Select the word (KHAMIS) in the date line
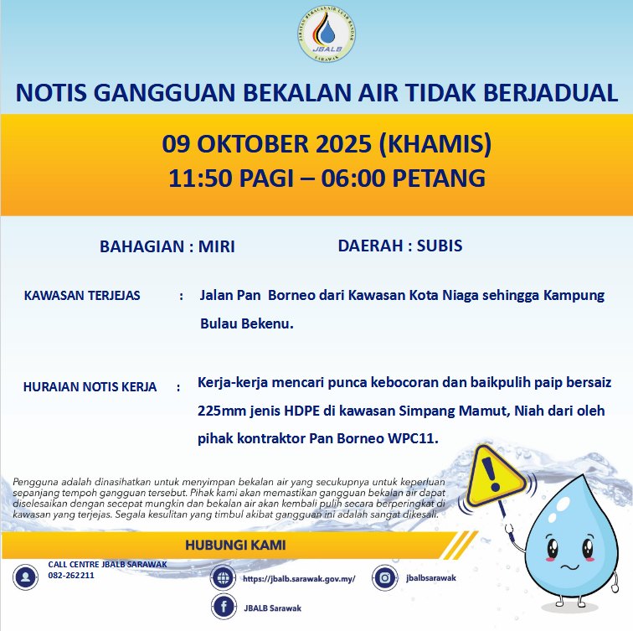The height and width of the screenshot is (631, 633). click(x=435, y=145)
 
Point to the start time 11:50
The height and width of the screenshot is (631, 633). click(x=195, y=178)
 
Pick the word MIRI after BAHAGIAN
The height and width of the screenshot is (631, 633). click(x=217, y=247)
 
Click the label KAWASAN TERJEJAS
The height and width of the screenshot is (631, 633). click(x=82, y=297)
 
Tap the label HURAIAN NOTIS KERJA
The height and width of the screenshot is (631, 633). click(x=90, y=387)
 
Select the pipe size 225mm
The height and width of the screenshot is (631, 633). click(x=220, y=412)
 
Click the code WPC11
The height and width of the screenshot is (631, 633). click(x=413, y=438)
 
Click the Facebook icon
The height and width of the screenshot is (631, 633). click(x=223, y=608)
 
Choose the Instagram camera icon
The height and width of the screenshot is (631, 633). click(x=385, y=577)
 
